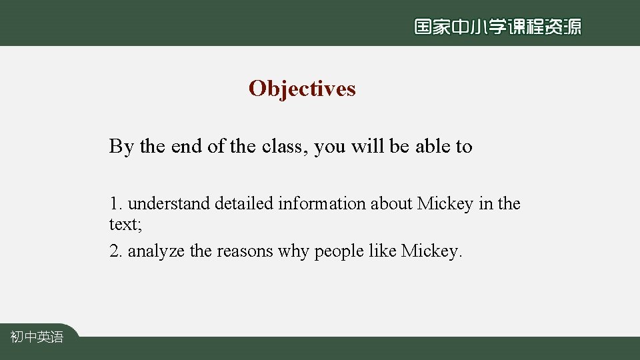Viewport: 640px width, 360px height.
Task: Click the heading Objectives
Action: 302,89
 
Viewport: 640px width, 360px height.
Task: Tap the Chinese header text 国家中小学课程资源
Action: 497,27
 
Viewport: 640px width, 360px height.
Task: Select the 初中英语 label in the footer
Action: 37,337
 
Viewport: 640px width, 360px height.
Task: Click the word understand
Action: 169,203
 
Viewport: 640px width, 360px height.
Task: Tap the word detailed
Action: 244,203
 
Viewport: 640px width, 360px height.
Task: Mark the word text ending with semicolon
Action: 125,224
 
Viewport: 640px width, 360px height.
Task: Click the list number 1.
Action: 115,203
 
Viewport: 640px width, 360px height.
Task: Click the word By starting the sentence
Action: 121,146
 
